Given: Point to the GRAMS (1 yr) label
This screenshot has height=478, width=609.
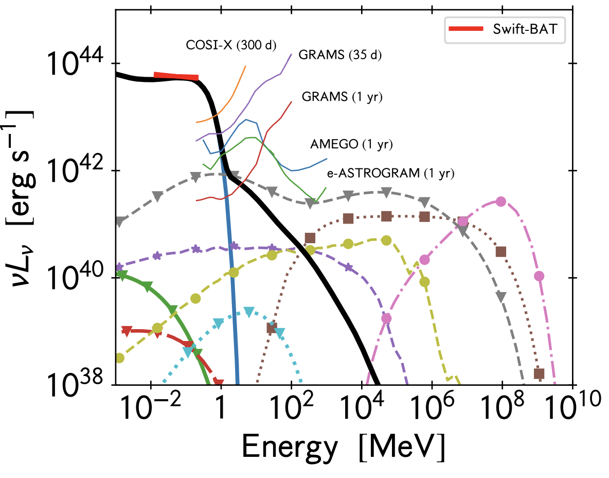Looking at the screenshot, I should click(x=342, y=97).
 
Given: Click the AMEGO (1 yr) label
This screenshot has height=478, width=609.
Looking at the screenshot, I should click(x=351, y=145).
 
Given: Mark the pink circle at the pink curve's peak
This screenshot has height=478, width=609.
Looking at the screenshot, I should click(x=500, y=201).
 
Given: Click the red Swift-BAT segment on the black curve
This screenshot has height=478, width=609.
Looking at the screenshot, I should click(x=176, y=77).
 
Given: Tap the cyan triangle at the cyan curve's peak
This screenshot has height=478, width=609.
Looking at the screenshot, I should click(x=249, y=311).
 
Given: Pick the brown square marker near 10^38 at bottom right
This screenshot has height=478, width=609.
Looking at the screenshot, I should click(x=539, y=373).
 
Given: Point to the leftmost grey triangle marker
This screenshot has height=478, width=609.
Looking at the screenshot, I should click(x=119, y=221).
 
